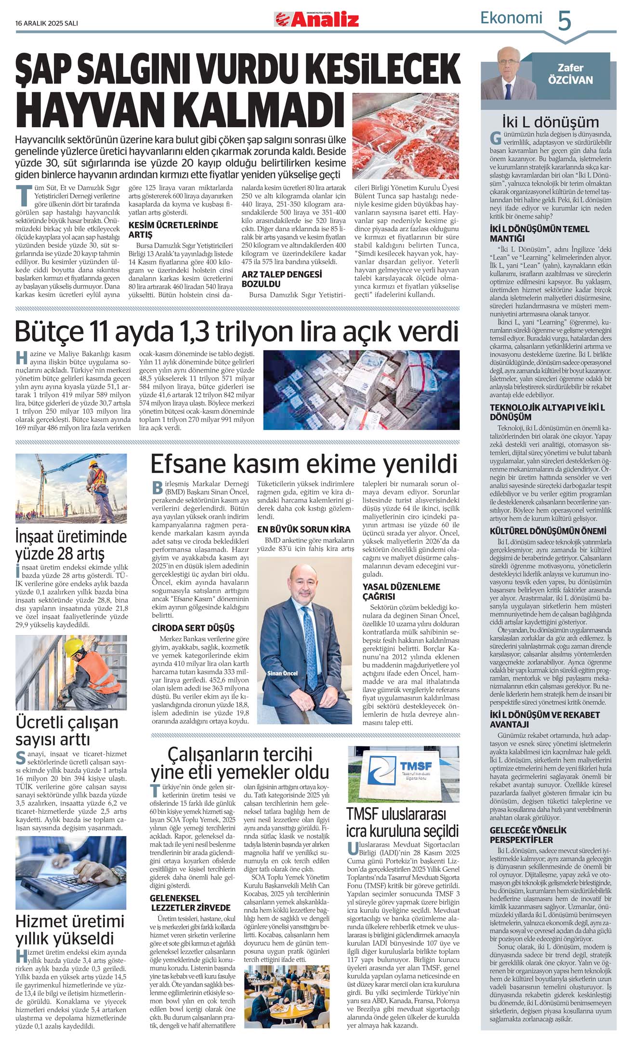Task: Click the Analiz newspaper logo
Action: tap(317, 19)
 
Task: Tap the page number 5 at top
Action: tap(564, 21)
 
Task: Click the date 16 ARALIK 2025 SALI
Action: tap(47, 23)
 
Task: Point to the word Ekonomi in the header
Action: tap(511, 18)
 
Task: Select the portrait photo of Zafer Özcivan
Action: tap(506, 72)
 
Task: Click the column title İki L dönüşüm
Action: tap(550, 122)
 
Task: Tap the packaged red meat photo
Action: tap(406, 136)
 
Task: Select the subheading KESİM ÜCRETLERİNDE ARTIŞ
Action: tap(173, 230)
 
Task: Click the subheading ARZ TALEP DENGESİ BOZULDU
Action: tap(281, 279)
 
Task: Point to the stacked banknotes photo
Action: tap(361, 389)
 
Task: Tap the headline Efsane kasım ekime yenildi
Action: tap(303, 464)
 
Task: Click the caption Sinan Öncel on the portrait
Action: tap(283, 673)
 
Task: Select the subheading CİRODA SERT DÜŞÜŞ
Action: tap(193, 628)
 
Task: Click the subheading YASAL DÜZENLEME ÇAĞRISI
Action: tap(401, 591)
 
